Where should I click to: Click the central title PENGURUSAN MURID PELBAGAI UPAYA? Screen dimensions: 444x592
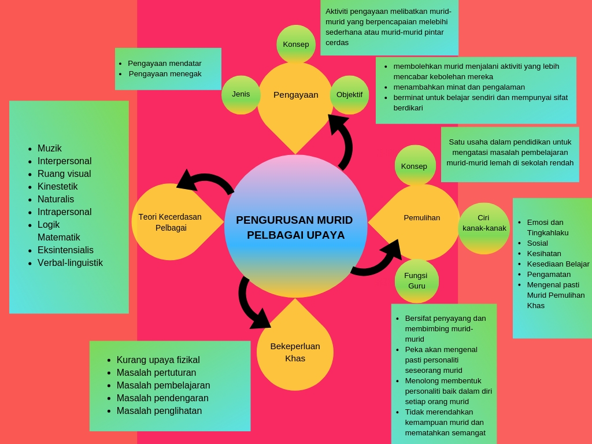pyautogui.click(x=294, y=227)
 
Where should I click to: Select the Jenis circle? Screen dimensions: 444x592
pyautogui.click(x=241, y=94)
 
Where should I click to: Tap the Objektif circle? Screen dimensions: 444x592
pyautogui.click(x=349, y=95)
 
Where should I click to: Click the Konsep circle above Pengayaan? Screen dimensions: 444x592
pyautogui.click(x=296, y=45)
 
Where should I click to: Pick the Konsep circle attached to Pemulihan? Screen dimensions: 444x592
pyautogui.click(x=415, y=166)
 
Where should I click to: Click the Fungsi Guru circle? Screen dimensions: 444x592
pyautogui.click(x=416, y=281)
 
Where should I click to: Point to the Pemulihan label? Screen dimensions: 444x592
pyautogui.click(x=421, y=218)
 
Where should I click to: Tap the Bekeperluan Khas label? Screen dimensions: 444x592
pyautogui.click(x=295, y=352)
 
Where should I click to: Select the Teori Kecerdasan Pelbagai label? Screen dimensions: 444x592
pyautogui.click(x=170, y=222)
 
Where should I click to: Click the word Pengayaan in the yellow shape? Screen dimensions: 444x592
pyautogui.click(x=295, y=95)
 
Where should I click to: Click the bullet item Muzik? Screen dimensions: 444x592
pyautogui.click(x=50, y=148)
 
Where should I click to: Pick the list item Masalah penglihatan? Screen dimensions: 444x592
pyautogui.click(x=159, y=410)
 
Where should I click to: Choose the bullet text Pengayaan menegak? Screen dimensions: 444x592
pyautogui.click(x=165, y=73)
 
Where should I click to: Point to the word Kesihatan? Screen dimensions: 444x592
pyautogui.click(x=544, y=253)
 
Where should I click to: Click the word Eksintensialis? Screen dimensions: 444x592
pyautogui.click(x=65, y=250)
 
